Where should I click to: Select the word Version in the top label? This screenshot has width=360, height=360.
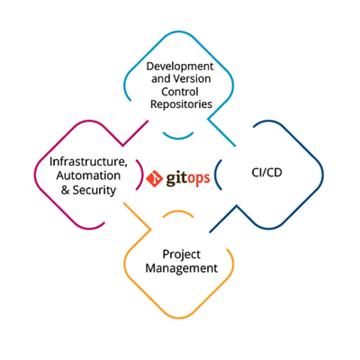pyautogui.click(x=196, y=78)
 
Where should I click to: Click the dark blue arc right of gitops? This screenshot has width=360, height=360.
pyautogui.click(x=221, y=173)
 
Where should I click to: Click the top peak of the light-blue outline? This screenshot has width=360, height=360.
pyautogui.click(x=180, y=29)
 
